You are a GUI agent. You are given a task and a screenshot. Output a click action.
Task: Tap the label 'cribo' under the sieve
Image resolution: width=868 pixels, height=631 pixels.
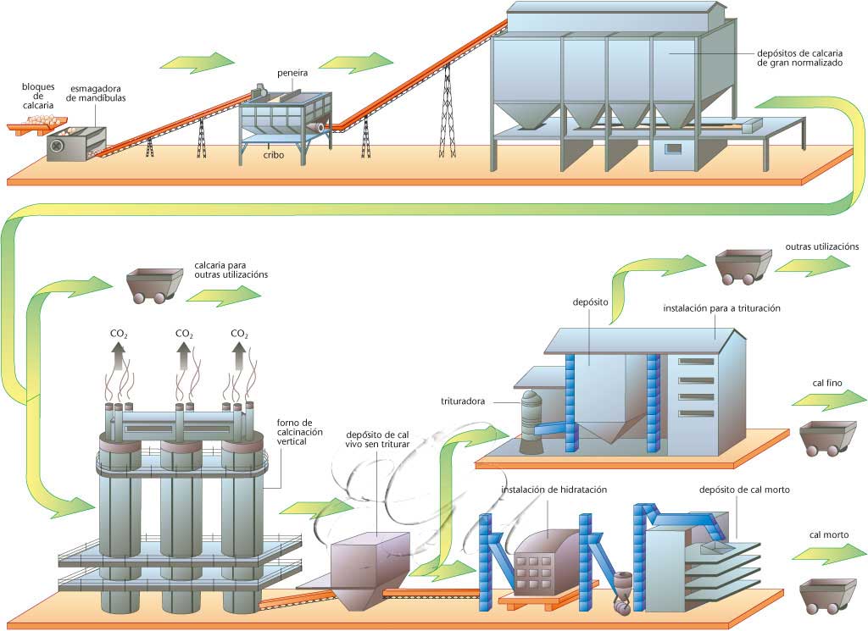272,157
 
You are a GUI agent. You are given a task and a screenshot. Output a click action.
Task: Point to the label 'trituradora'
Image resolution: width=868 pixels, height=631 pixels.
463,401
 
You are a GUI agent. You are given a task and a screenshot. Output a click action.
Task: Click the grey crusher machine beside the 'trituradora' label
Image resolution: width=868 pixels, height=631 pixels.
531,421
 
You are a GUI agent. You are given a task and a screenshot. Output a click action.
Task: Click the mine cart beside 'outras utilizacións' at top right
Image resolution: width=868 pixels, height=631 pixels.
741,265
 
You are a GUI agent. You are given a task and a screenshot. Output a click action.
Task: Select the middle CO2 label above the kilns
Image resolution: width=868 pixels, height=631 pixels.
183,334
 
